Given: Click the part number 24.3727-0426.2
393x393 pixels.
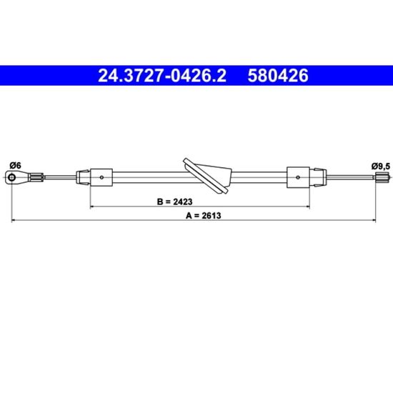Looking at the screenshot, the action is tap(162, 76).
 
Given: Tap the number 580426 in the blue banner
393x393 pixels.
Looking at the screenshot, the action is tap(278, 76).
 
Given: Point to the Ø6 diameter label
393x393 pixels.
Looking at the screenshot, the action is tap(15, 166).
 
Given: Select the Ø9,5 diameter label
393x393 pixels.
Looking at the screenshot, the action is tap(381, 166).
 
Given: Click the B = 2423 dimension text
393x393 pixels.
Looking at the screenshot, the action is tap(174, 202).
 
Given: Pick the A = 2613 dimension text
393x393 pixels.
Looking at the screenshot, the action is tap(203, 216).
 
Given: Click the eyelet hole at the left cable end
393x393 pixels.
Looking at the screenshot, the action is tap(11, 177).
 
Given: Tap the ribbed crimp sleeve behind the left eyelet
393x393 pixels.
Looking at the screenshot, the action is tap(36, 177).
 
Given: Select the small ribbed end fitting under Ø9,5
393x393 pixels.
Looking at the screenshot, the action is tap(382, 177).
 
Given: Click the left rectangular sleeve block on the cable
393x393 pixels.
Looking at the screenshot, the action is tap(101, 177).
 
